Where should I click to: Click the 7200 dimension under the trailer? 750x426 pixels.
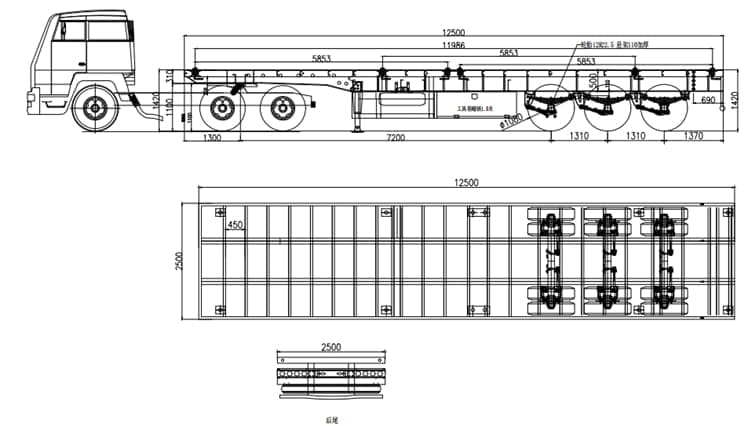tap(395, 138)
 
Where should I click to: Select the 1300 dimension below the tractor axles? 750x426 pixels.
tap(212, 138)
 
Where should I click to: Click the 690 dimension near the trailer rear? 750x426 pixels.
tap(707, 101)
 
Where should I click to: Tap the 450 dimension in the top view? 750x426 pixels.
tap(235, 226)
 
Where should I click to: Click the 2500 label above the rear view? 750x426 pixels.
tap(331, 347)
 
